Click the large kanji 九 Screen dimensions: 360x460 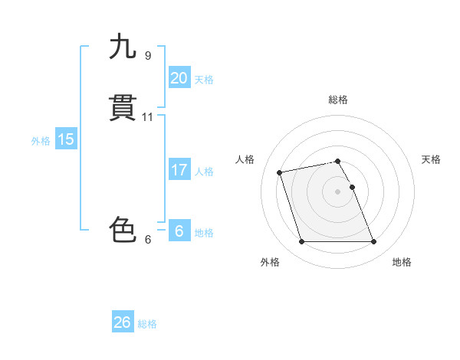point(123,47)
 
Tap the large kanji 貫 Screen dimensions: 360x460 point(123,109)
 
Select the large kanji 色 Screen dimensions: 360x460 point(123,230)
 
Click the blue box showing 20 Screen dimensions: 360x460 point(179,78)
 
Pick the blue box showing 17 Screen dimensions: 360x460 point(179,170)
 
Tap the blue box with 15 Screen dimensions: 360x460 point(65,139)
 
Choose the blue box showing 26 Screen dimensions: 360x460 point(122,322)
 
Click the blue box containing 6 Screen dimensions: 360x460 point(179,231)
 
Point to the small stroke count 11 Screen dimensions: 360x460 point(148,117)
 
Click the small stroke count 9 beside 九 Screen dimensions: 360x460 point(148,56)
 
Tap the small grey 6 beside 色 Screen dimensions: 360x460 point(148,240)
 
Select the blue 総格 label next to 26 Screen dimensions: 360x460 point(147,324)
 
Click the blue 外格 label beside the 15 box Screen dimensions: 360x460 point(41,141)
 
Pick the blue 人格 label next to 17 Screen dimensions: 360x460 point(204,172)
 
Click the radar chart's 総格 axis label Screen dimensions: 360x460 point(338,100)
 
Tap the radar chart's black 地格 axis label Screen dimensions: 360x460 point(402,262)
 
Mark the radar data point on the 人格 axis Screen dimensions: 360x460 point(280,172)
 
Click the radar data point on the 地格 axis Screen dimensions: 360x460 point(374,242)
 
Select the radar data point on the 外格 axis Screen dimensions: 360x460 point(301,242)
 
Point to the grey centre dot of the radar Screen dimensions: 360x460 point(338,191)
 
